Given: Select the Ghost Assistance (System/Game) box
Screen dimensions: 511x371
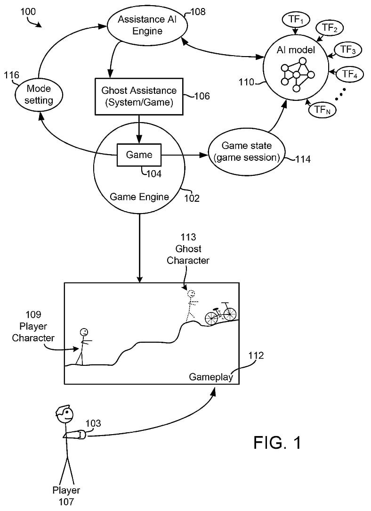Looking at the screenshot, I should tap(139, 96).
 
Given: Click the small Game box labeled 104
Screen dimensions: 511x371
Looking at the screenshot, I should tap(139, 155).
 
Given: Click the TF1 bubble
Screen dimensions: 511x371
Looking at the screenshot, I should tap(295, 20).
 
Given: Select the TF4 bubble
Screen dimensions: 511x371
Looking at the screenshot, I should tap(349, 74).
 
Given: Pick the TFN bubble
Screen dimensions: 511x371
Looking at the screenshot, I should tap(322, 110).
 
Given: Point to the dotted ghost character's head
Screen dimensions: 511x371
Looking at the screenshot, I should tap(191, 294).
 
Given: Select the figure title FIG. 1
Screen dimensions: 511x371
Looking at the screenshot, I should tap(277, 442).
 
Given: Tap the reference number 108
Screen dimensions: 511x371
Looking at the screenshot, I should tap(197, 12).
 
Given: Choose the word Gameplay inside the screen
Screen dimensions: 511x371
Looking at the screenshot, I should tap(211, 377).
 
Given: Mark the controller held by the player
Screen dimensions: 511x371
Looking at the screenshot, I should tap(81, 435).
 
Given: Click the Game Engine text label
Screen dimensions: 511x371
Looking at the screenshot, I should tap(139, 197).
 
